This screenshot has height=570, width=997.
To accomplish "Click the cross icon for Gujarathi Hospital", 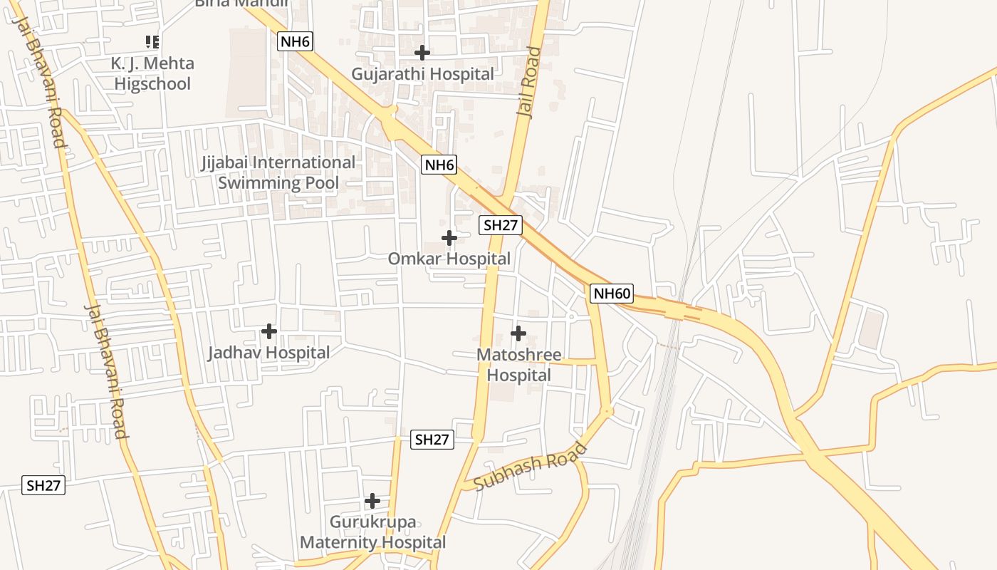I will tap(422, 53).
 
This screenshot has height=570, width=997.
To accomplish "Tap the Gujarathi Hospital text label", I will tap(422, 74).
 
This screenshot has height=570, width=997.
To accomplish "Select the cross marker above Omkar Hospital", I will tap(449, 237).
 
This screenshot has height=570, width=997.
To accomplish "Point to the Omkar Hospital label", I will tap(449, 259).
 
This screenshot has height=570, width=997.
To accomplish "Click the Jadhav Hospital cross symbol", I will tap(268, 331).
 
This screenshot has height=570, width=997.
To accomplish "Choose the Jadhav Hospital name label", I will tap(268, 353).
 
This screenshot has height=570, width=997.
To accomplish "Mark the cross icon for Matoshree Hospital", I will tap(518, 333).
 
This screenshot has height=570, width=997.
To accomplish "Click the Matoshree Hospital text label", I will tap(518, 365).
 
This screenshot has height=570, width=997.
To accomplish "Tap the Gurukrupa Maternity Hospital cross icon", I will tap(372, 501).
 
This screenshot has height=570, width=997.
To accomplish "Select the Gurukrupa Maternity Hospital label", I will tap(372, 532).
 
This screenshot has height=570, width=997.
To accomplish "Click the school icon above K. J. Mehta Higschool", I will tap(152, 42).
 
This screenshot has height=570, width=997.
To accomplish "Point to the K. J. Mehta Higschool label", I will tap(152, 73).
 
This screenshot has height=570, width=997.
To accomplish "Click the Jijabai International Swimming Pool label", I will tap(278, 172).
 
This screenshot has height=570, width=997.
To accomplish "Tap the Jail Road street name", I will tap(528, 82).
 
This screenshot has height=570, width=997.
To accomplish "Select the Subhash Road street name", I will tap(531, 467).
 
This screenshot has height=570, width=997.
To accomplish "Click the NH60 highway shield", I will tap(611, 293).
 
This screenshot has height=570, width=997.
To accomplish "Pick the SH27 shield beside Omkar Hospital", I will tap(501, 225).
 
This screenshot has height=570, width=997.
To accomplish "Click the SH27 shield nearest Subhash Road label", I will tap(432, 440).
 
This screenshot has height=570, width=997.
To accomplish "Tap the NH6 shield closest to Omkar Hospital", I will tap(439, 165).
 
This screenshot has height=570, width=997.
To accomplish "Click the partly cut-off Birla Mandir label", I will tap(242, 4).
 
